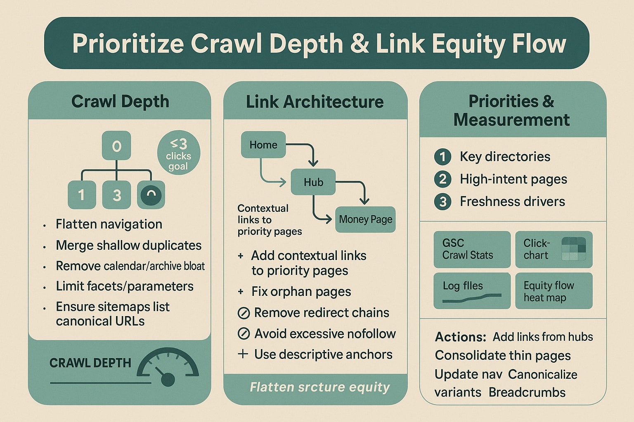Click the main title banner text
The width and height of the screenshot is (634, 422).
(x=319, y=44)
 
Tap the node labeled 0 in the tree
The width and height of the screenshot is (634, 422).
(x=116, y=146)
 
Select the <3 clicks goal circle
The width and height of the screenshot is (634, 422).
(x=179, y=153)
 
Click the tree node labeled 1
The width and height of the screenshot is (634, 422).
(x=82, y=195)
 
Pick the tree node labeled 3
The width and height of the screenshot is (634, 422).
(x=116, y=195)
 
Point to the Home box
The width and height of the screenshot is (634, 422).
(x=263, y=145)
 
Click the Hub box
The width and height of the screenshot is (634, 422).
(x=313, y=182)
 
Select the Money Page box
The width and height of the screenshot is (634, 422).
(x=365, y=219)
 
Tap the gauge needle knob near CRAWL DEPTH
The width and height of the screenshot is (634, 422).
(x=168, y=379)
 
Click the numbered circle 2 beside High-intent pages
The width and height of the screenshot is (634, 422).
(x=442, y=179)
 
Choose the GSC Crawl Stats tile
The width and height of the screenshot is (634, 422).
(x=472, y=249)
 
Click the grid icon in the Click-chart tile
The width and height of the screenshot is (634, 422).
(x=574, y=249)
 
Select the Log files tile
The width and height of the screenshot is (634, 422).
(x=472, y=291)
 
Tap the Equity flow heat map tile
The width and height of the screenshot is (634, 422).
(x=554, y=291)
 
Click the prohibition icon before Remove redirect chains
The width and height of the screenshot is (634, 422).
(x=244, y=313)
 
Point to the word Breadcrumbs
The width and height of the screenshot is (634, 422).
(x=527, y=392)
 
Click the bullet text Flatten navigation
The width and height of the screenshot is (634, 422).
(x=109, y=224)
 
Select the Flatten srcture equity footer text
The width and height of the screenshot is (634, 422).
(x=319, y=387)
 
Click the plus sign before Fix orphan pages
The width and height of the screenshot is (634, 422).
(x=241, y=292)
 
